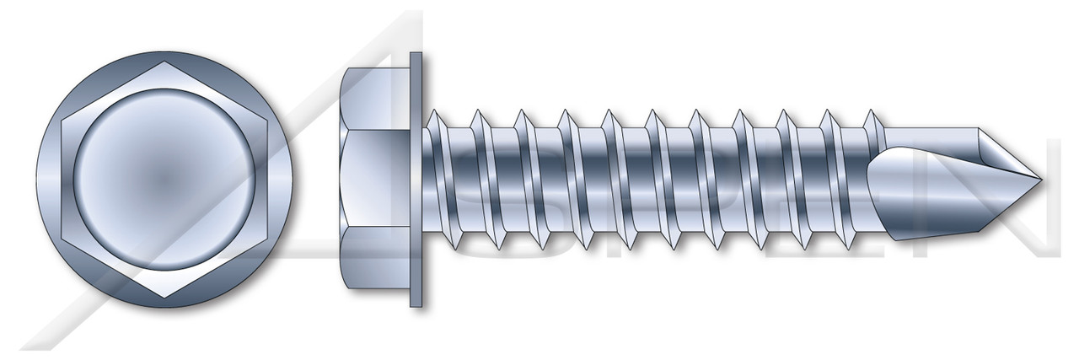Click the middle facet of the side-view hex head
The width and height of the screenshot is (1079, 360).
point(375,179)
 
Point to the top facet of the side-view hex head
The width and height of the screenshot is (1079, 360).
point(375,98)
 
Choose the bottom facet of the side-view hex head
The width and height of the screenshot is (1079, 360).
point(375,261)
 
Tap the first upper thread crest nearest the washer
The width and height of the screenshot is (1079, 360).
point(432,111)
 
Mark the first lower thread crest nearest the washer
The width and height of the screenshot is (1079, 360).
point(455,247)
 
